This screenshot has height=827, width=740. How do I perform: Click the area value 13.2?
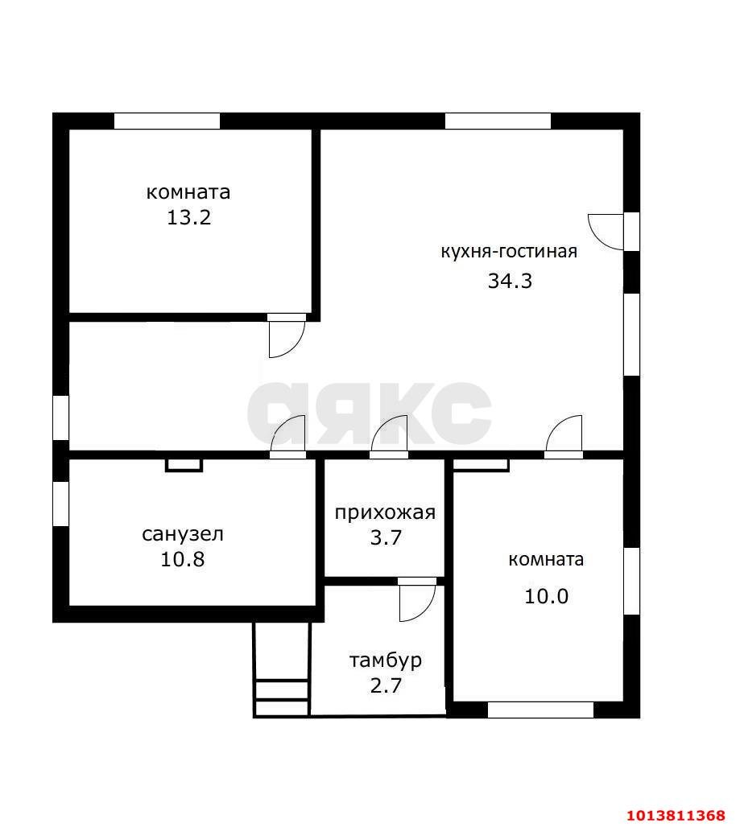click(x=189, y=217)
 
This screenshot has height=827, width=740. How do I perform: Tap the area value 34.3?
click(x=510, y=281)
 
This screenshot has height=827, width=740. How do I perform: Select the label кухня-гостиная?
click(x=509, y=252)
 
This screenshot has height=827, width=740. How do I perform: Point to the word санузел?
click(x=183, y=534)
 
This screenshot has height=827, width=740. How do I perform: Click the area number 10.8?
click(x=183, y=559)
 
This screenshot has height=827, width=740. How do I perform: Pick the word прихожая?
click(x=386, y=513)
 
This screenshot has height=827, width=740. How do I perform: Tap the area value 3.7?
click(x=386, y=537)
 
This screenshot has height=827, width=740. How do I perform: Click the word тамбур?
click(x=386, y=660)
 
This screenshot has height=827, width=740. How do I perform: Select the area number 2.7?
click(x=386, y=685)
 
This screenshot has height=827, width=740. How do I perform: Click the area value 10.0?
click(x=546, y=596)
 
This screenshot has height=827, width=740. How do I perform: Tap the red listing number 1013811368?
click(x=677, y=816)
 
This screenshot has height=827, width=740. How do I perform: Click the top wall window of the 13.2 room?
click(x=167, y=121)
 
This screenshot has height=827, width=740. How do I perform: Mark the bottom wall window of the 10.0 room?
click(x=540, y=710)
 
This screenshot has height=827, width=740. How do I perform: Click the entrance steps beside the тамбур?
click(x=282, y=670)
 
